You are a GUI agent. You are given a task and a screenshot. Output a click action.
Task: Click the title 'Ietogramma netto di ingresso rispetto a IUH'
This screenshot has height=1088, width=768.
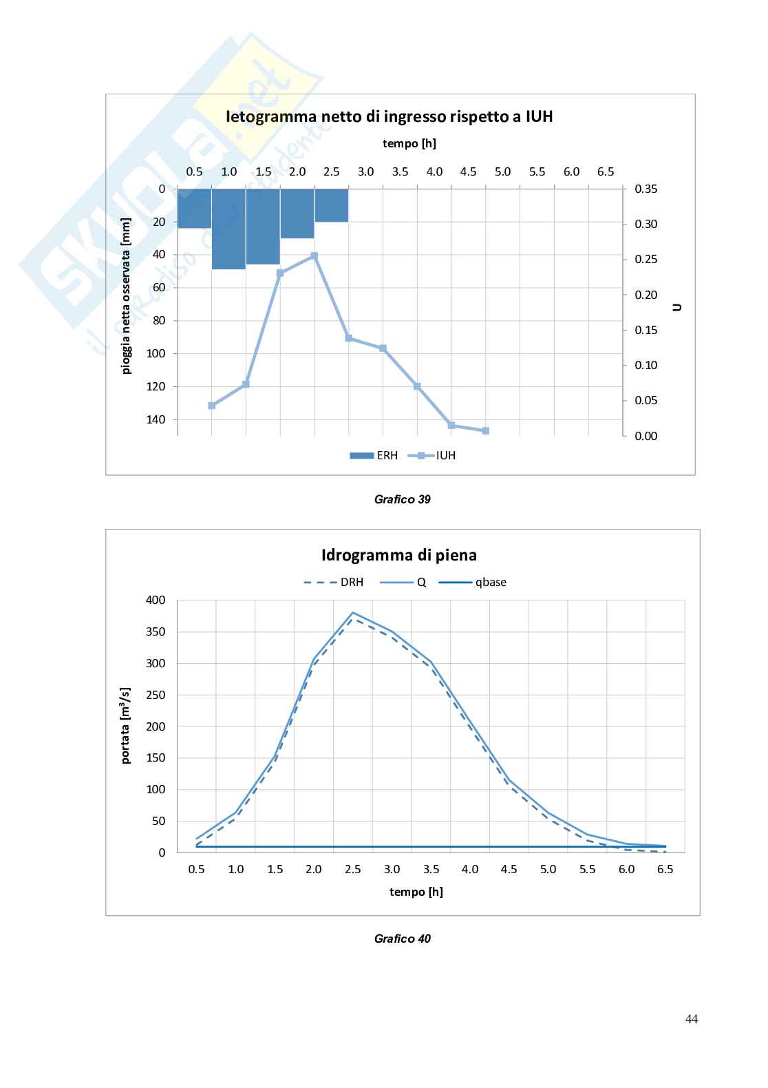[x=390, y=116]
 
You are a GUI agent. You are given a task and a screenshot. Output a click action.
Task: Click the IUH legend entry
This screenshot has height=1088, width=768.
[x=433, y=455]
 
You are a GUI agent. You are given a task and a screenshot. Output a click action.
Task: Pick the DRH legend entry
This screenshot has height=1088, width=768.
[x=334, y=583]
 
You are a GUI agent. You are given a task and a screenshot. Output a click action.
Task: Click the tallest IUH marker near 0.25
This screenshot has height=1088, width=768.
[x=314, y=255]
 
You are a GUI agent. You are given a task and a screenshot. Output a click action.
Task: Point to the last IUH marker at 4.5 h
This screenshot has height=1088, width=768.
[x=486, y=431]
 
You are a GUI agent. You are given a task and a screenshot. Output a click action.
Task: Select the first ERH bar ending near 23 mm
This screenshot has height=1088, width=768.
[x=195, y=208]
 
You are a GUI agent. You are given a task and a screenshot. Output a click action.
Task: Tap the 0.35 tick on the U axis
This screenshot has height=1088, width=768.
[x=646, y=189]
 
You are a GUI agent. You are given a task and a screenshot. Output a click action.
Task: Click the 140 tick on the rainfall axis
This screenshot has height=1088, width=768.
[x=158, y=419]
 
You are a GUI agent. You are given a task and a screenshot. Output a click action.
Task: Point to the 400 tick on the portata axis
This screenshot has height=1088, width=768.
[x=156, y=600]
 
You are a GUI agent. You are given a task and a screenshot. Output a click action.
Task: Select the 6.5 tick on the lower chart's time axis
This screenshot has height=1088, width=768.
[x=665, y=870]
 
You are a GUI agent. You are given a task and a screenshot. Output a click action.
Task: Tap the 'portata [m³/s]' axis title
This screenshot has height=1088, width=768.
[x=126, y=726]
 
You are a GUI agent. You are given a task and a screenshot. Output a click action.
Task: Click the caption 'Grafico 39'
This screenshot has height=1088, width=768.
[x=403, y=499]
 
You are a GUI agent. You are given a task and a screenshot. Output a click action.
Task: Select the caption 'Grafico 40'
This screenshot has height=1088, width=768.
[x=403, y=939]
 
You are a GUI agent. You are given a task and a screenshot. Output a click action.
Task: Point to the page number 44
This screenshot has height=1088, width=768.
[x=692, y=1019]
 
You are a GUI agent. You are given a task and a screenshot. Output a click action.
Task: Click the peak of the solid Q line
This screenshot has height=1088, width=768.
[x=353, y=612]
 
